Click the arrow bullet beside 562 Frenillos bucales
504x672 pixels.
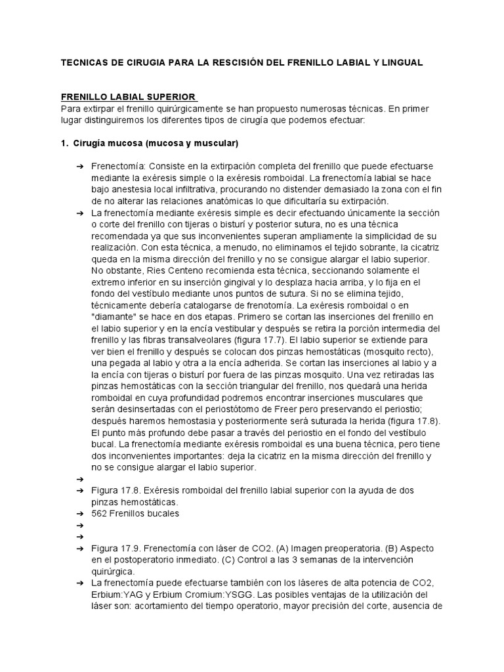(x=79, y=514)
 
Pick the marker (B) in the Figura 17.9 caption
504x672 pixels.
(x=379, y=548)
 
